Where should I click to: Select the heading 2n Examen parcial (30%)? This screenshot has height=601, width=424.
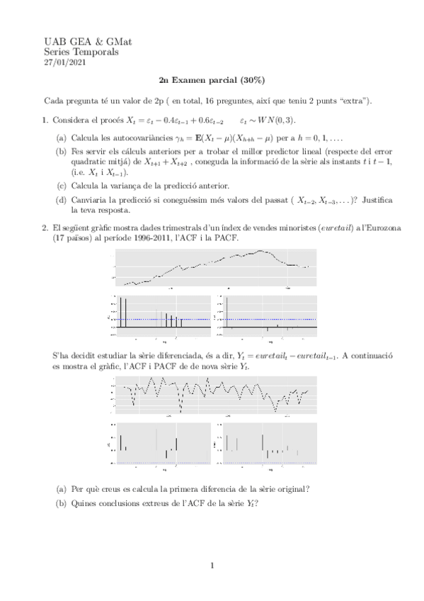[212, 80]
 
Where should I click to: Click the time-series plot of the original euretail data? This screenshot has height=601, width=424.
[212, 267]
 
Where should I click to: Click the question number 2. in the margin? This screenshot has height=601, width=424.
[46, 228]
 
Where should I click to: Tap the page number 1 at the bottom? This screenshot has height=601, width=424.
[212, 566]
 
